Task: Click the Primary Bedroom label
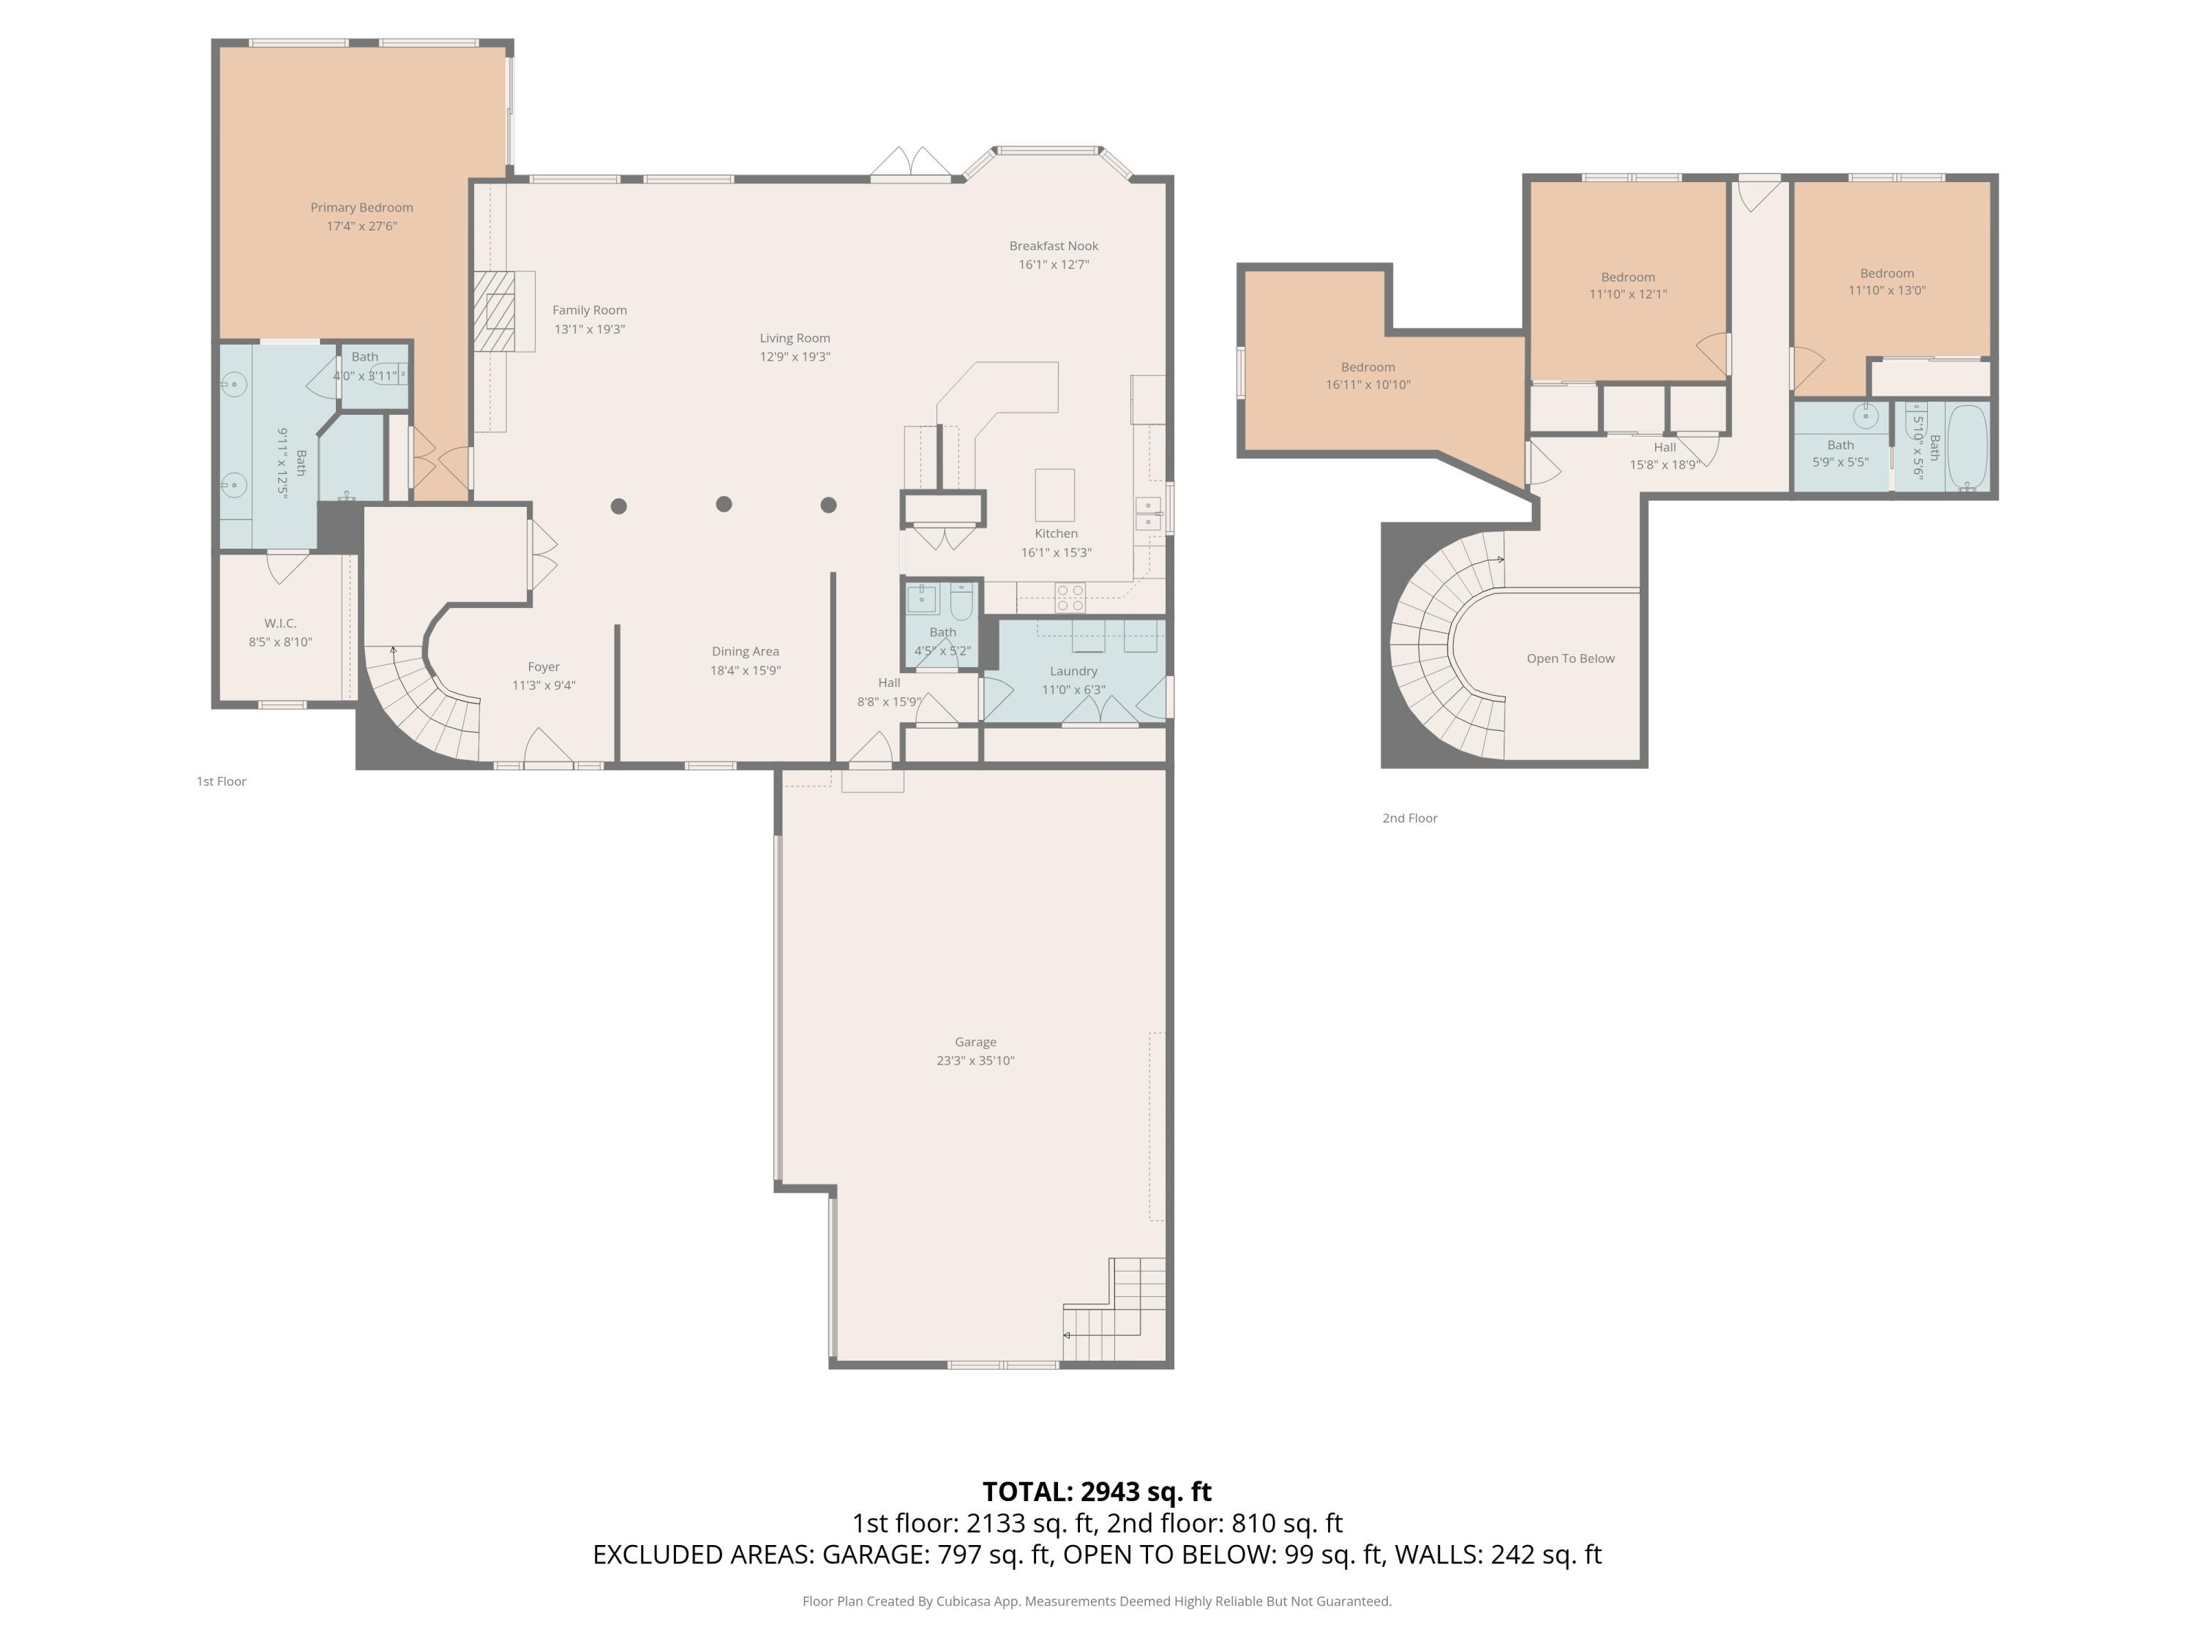(x=361, y=207)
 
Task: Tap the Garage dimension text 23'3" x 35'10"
(x=975, y=1061)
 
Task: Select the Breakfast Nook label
(x=1053, y=246)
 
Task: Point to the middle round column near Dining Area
(x=724, y=504)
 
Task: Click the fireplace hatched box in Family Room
(x=494, y=311)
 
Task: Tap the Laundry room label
(x=1073, y=672)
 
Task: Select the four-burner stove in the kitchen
(x=1070, y=596)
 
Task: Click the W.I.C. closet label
(x=279, y=623)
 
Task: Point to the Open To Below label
(x=1570, y=659)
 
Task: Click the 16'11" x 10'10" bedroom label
(x=1367, y=376)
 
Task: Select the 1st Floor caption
(x=220, y=782)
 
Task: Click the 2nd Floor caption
(x=1409, y=819)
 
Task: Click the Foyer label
(x=543, y=666)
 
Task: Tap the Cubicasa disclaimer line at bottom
(x=1097, y=1601)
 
